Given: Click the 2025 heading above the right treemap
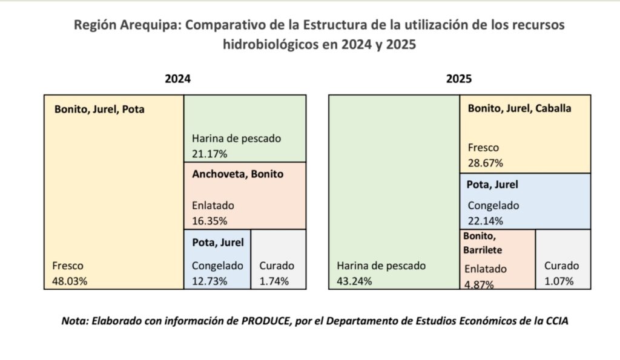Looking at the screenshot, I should (459, 79).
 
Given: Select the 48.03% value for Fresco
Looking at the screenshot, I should (70, 281).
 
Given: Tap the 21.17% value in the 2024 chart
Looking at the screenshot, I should (209, 153).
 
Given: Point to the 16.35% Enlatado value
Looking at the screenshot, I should (209, 221).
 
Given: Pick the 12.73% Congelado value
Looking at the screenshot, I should (209, 281).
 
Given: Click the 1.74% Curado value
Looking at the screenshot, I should (274, 281).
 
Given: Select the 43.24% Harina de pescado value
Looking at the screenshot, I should (354, 281).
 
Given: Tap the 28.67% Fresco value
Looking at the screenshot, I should (486, 163).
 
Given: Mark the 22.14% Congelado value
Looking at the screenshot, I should (486, 220).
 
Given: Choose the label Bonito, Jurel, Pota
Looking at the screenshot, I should (99, 110).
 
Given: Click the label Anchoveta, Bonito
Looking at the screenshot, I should (237, 174).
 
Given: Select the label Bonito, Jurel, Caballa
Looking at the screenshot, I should (519, 109).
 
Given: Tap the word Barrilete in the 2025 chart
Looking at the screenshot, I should (483, 249).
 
